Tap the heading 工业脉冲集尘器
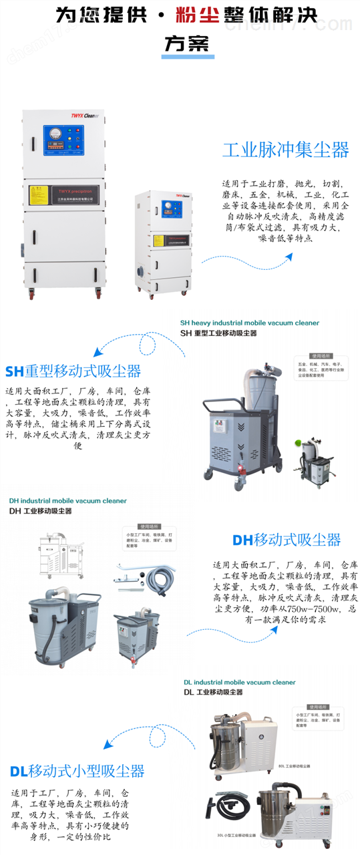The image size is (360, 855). pos(285,149)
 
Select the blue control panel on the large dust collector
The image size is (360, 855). pos(62,142)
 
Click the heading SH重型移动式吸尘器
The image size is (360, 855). pos(73,371)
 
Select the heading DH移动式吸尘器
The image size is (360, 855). pos(286,540)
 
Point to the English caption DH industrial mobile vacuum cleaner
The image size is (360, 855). pos(67,501)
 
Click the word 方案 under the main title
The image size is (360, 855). pos(186,43)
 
